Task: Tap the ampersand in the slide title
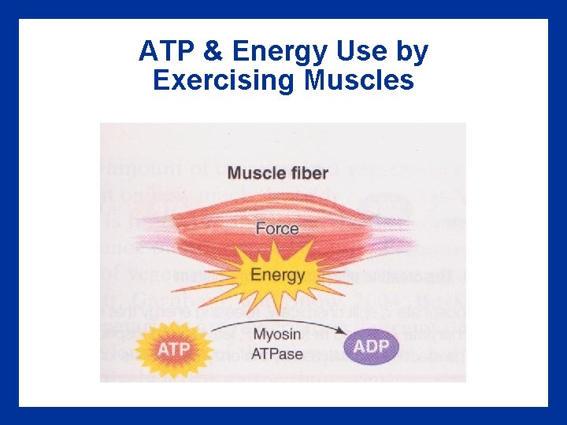click(x=211, y=52)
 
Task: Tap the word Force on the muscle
click(x=276, y=229)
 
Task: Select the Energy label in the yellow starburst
click(x=277, y=275)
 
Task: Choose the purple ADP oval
click(x=372, y=347)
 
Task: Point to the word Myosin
click(x=277, y=335)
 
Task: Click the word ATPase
click(x=277, y=353)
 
